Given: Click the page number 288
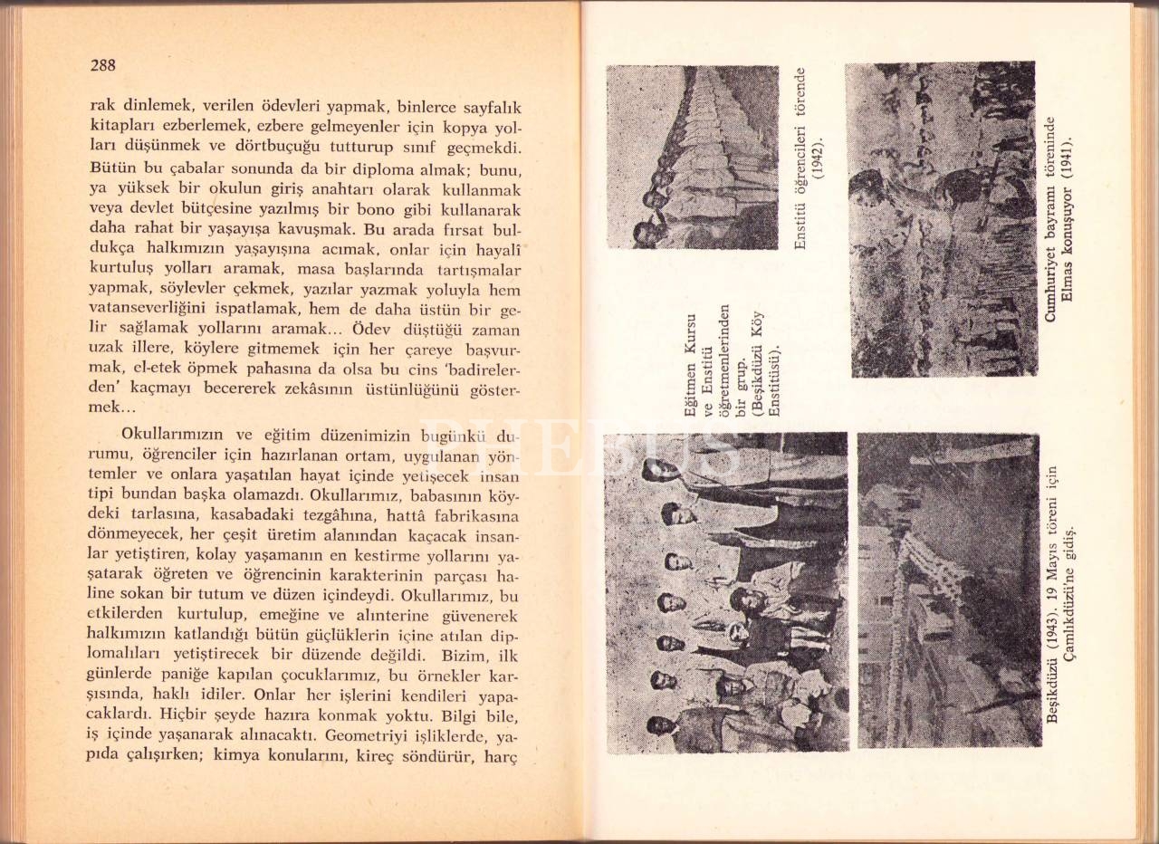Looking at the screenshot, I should point(102,65).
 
